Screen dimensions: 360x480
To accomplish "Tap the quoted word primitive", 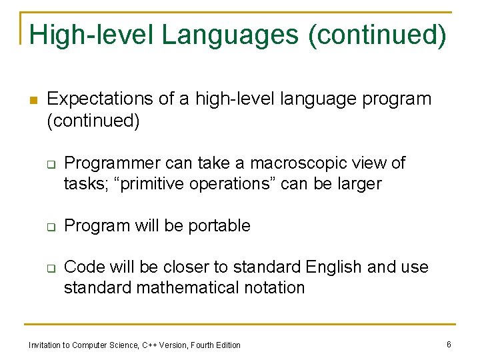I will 152,183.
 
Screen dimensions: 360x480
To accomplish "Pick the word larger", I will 357,183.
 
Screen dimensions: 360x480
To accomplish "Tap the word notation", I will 276,287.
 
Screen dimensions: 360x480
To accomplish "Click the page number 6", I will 449,344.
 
